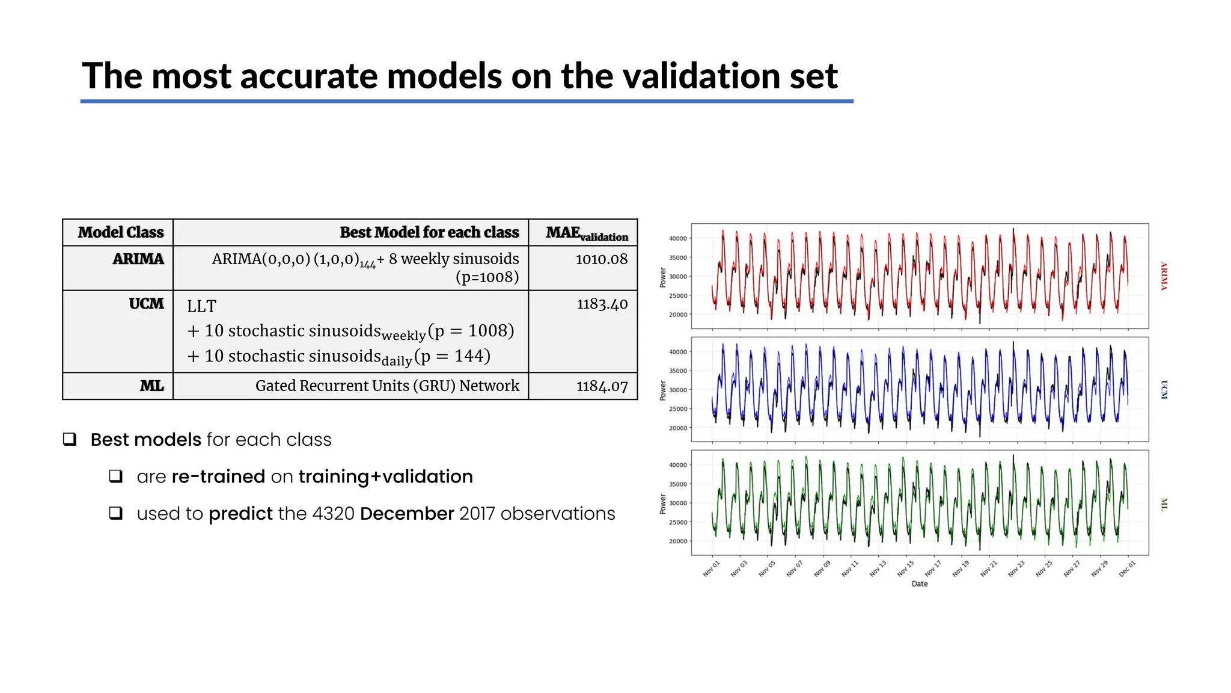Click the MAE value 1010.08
click(x=601, y=259)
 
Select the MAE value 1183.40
click(x=602, y=304)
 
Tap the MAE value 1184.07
click(x=602, y=386)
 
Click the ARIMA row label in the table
click(x=138, y=259)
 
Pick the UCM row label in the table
click(x=146, y=304)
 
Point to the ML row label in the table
click(x=151, y=386)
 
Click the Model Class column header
click(x=121, y=233)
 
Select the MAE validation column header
click(x=586, y=233)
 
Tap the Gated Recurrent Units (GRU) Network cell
click(x=387, y=386)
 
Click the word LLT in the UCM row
click(x=201, y=307)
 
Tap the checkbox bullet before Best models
click(x=70, y=439)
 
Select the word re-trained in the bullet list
click(x=218, y=476)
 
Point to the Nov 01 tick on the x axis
click(x=712, y=568)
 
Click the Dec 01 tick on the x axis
click(x=1127, y=568)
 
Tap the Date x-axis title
click(x=919, y=584)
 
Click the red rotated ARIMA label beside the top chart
click(x=1164, y=276)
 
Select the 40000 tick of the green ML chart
click(x=677, y=465)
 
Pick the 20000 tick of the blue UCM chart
click(x=677, y=428)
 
